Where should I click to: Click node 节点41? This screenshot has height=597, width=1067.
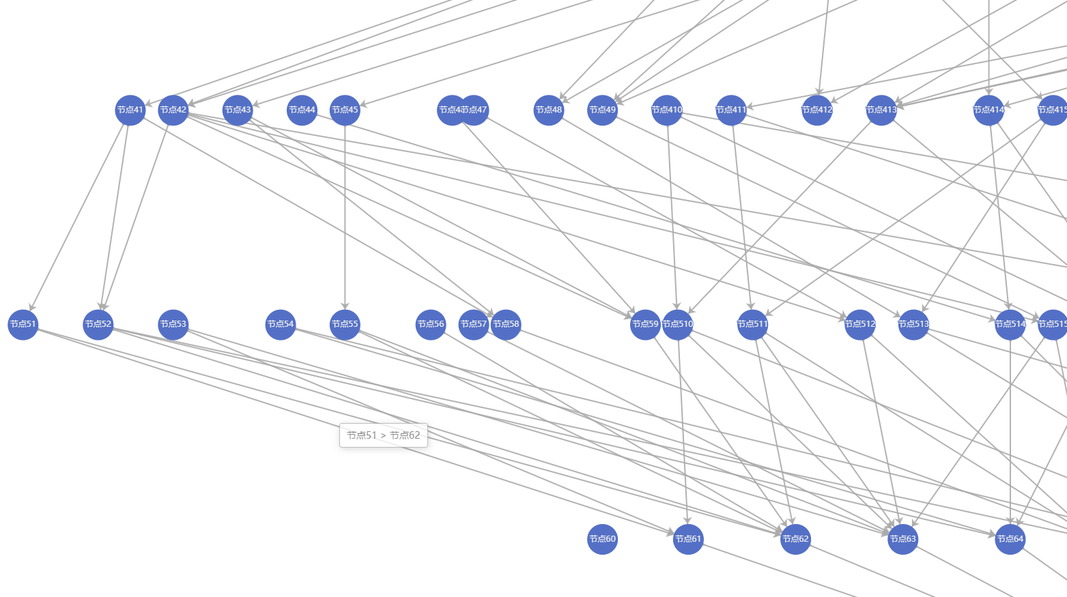point(130,110)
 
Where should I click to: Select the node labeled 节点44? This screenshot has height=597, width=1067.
point(302,110)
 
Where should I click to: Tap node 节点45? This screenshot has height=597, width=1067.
point(345,110)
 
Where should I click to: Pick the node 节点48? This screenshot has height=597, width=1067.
point(549,110)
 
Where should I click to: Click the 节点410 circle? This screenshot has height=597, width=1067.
point(667,110)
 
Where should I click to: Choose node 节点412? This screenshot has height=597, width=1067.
point(817,110)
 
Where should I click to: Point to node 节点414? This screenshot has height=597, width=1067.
point(988,110)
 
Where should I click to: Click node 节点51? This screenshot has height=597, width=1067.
point(23,324)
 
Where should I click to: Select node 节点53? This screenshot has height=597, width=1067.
point(173,324)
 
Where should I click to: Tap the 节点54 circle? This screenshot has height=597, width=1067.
point(281,324)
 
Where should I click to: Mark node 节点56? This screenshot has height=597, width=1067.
point(431,324)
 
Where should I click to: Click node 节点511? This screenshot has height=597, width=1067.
point(752,324)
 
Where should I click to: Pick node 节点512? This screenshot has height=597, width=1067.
point(859,324)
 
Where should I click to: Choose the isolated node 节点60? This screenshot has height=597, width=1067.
point(602,539)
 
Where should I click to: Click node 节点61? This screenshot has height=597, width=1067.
point(688,539)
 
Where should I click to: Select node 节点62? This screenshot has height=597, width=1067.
point(795,539)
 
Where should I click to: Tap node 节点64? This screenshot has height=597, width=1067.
point(1010,539)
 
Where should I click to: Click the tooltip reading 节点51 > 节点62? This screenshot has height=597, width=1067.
point(384,435)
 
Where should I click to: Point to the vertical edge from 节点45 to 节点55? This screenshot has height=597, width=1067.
point(345,218)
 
